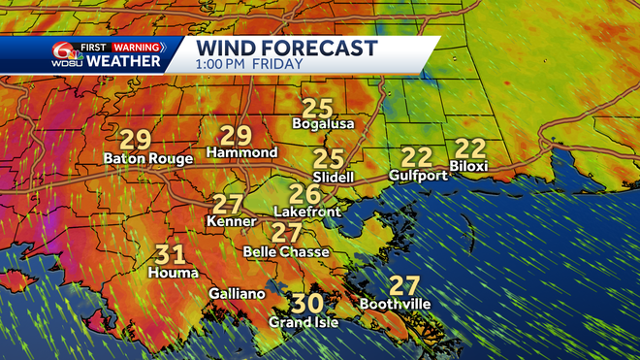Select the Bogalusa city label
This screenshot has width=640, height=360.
tap(324, 124)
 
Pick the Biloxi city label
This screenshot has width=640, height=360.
tap(468, 167)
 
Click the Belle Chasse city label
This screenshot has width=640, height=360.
tap(286, 252)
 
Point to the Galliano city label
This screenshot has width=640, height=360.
tap(236, 293)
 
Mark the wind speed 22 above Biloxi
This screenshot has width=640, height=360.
tap(469, 148)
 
